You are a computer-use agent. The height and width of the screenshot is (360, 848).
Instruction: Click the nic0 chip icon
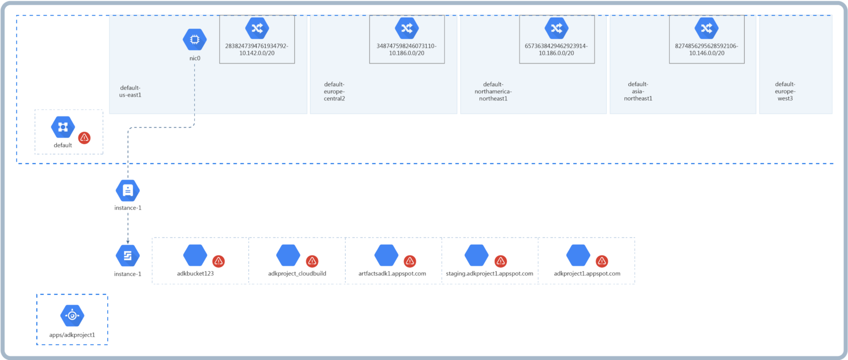coord(194,39)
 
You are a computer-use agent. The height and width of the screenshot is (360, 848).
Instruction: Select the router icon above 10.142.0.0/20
coord(257,28)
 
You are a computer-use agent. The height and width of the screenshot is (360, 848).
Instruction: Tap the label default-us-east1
coord(130,91)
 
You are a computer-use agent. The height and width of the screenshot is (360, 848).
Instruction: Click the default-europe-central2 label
coord(334,91)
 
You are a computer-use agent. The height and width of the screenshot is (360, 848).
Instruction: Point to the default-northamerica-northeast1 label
coord(493,91)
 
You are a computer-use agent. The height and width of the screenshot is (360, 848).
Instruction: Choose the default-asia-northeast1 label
coord(638,91)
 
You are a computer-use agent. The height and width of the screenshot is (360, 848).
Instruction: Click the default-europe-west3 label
coord(785,91)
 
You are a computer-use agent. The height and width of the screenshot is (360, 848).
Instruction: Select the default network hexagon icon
coord(63,127)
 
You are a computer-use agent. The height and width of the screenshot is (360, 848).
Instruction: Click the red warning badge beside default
coord(84,138)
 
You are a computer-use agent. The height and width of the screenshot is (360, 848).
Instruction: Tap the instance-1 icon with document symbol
coord(128,190)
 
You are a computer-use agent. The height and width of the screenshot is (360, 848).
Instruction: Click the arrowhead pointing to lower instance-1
coord(128,241)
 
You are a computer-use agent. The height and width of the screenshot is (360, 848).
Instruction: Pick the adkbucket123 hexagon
coord(195,255)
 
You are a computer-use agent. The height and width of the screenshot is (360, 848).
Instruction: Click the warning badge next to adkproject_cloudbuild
coord(312,261)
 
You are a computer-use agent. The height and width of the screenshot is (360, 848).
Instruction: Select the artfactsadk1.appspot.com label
coord(392,273)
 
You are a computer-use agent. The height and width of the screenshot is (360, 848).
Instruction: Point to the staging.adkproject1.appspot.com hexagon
coord(476,255)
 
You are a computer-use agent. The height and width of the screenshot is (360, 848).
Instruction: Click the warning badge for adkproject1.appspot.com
coord(602,261)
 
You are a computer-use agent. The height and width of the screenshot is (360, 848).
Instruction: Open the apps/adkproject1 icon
coord(72,315)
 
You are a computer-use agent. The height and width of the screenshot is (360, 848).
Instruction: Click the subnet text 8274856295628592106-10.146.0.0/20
coord(707,50)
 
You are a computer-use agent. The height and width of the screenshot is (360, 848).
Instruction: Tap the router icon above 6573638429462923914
coord(556,28)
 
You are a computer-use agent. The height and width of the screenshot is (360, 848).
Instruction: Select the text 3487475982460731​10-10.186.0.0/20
coord(406,50)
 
